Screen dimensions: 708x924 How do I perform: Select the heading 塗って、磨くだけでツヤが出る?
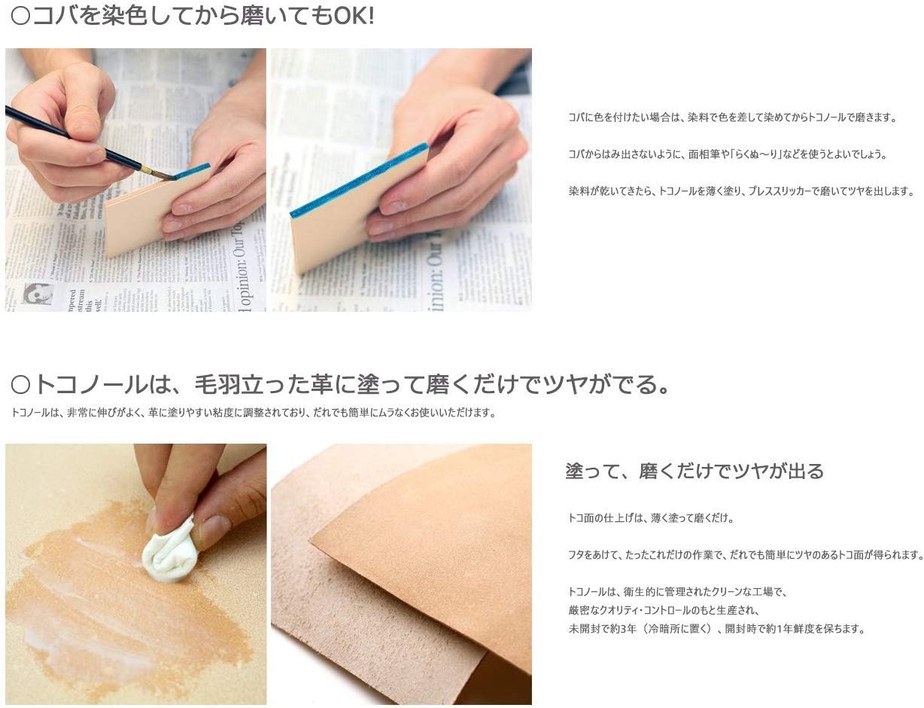point(695,471)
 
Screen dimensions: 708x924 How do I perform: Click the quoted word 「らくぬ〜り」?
point(755,154)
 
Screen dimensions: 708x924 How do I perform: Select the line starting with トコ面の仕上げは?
point(651,518)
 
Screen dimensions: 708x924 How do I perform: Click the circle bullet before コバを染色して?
point(20,17)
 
